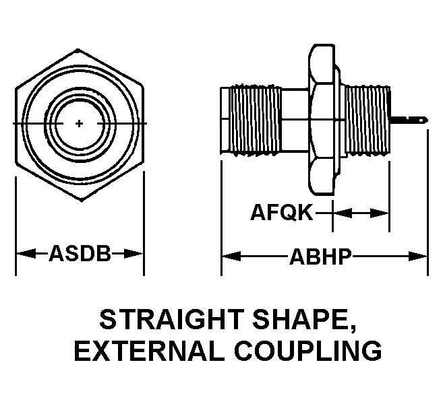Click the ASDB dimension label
(80, 254)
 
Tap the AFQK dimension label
(282, 213)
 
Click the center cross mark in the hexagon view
(80, 123)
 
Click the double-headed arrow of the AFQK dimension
(361, 213)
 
